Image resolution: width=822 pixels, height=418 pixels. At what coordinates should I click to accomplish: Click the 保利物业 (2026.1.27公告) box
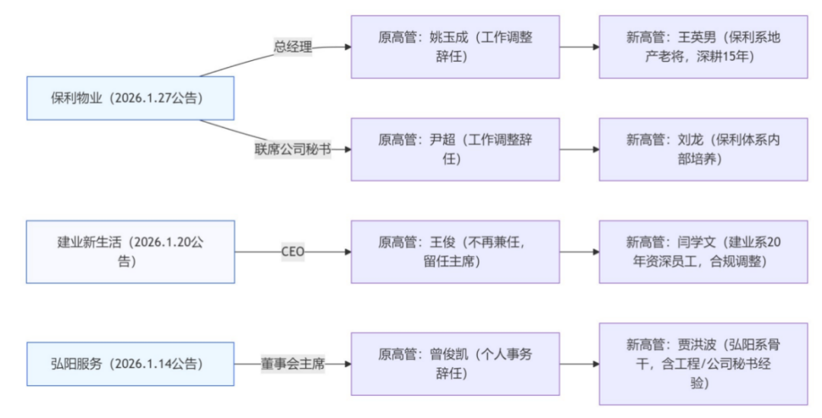(131, 98)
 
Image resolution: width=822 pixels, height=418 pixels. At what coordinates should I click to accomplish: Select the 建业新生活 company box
(131, 252)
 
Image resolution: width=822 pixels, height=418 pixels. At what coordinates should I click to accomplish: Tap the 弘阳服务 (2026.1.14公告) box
(131, 364)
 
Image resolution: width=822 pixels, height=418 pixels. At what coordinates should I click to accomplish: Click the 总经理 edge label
(293, 46)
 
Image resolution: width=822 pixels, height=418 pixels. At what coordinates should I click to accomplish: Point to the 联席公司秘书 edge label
(293, 149)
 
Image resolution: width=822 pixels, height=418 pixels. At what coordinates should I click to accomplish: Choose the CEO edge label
(293, 252)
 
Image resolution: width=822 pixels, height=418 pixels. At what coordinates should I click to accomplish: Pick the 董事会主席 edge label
(293, 364)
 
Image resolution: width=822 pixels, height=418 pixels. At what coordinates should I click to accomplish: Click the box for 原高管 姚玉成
(455, 46)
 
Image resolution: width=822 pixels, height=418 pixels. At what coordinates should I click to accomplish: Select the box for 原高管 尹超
(455, 149)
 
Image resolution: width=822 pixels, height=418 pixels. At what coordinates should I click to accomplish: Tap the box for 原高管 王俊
(455, 252)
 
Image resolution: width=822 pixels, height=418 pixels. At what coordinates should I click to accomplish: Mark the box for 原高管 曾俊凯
(455, 364)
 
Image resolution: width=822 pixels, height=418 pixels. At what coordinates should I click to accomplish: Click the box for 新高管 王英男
(703, 46)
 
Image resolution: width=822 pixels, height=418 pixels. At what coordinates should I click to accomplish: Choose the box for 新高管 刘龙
(703, 149)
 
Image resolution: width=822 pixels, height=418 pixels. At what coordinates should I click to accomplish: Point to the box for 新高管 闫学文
(703, 252)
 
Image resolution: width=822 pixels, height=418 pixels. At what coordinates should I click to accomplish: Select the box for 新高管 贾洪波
(703, 364)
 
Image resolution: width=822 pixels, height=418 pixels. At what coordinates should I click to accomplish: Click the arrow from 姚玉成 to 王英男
(579, 46)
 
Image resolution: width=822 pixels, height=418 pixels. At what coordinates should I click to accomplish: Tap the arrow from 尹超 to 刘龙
(579, 149)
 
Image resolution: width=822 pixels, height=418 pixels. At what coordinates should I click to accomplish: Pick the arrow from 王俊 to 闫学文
(579, 252)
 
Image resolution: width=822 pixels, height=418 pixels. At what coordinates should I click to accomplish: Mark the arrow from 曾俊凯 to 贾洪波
(579, 364)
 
